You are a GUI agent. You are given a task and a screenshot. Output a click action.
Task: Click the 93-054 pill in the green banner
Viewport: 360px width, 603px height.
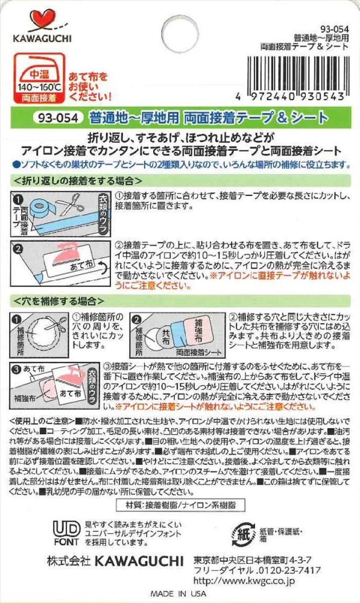coord(58,118)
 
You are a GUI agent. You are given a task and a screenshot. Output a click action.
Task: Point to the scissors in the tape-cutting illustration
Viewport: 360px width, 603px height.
coord(72,204)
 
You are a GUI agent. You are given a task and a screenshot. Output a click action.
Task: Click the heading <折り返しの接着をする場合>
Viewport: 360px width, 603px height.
coord(78,180)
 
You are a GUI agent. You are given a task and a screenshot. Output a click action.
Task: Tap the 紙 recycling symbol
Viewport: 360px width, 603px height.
coord(244,534)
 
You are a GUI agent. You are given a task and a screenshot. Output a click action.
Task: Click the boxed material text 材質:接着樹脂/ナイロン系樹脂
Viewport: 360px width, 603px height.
coord(180,505)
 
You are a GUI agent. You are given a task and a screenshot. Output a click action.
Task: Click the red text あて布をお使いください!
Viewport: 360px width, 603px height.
coord(90,86)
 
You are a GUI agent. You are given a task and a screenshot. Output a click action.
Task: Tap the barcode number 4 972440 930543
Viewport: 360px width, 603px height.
coord(291,96)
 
